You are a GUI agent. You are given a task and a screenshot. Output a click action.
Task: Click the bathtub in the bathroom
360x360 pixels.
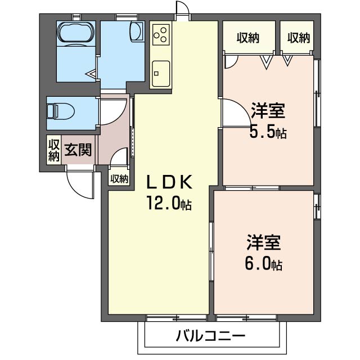(75, 32)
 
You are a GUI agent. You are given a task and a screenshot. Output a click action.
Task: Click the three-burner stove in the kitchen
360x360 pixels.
(161, 34)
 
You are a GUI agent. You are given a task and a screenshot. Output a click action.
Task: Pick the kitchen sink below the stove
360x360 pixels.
(161, 71)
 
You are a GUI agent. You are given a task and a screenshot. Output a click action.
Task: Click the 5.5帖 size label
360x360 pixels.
(268, 133)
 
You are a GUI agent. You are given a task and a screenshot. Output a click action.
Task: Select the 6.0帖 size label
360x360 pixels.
(264, 263)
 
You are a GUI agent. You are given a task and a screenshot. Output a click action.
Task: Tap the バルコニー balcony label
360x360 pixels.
(210, 337)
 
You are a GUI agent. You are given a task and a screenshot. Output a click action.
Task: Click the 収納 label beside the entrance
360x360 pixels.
(53, 150)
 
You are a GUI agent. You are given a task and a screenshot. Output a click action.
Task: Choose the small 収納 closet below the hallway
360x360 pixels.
(119, 179)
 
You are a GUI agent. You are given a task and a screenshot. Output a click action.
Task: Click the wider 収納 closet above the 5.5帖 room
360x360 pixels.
(248, 38)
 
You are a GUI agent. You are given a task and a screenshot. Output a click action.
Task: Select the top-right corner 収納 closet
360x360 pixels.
(299, 38)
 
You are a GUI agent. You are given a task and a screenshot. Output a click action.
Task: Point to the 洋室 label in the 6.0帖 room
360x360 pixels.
(264, 243)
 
